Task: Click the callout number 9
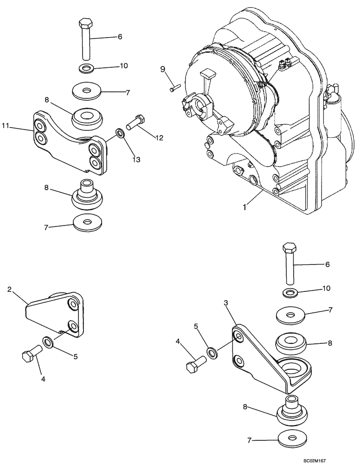click(x=162, y=69)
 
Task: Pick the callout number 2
click(x=10, y=290)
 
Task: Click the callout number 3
click(x=226, y=303)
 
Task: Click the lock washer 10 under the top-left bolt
click(x=85, y=69)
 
